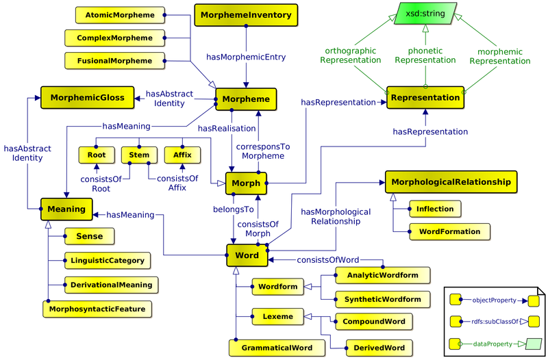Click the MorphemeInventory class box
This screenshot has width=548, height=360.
pyautogui.click(x=246, y=14)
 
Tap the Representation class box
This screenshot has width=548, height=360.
pyautogui.click(x=425, y=97)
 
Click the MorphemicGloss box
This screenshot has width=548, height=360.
pyautogui.click(x=87, y=98)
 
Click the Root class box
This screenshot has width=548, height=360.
pyautogui.click(x=96, y=155)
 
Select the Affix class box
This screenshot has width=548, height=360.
pyautogui.click(x=182, y=155)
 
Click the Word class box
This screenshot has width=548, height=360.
pyautogui.click(x=247, y=255)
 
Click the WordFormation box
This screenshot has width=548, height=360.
pyautogui.click(x=450, y=231)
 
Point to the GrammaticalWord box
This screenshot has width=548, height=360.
pyautogui.click(x=277, y=348)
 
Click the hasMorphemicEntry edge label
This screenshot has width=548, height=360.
pyautogui.click(x=246, y=57)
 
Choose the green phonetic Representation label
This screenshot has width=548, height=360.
pyautogui.click(x=425, y=55)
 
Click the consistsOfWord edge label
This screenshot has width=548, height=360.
pyautogui.click(x=328, y=260)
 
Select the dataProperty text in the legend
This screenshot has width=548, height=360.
pyautogui.click(x=487, y=343)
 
